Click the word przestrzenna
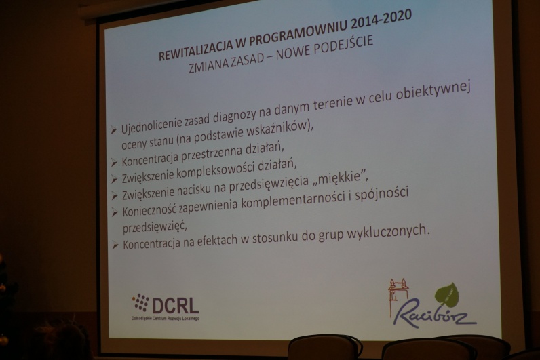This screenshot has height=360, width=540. coord(212,154)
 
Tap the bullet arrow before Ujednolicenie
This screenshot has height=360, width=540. coord(114,130)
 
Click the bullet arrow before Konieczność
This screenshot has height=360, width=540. coord(115,212)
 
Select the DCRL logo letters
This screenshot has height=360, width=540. coord(175,305)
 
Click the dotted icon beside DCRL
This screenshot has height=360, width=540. coord(140,302)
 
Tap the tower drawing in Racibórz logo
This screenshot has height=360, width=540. coord(398,297)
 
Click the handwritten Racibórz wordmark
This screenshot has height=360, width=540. coord(435,313)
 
